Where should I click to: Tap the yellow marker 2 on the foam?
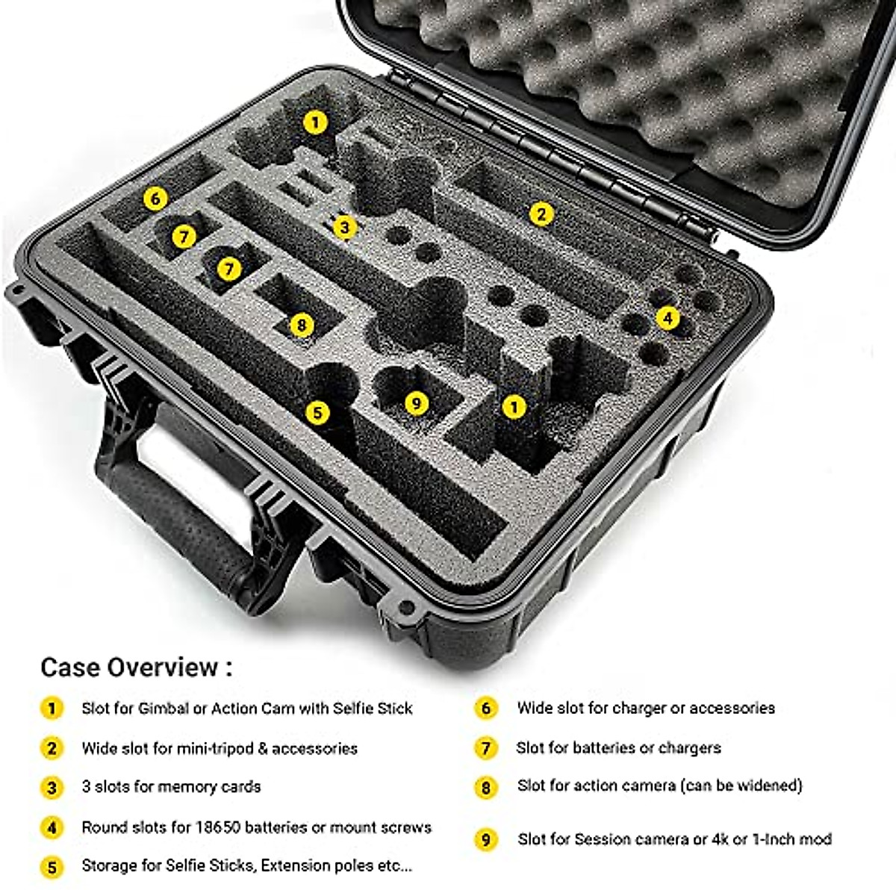541,214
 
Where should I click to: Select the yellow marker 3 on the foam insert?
344,226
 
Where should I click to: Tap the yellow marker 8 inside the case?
301,325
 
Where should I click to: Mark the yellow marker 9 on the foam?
417,404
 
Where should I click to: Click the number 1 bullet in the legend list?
52,708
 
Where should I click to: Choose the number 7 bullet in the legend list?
486,747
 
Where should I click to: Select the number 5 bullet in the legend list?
52,867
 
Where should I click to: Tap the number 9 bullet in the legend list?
486,840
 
